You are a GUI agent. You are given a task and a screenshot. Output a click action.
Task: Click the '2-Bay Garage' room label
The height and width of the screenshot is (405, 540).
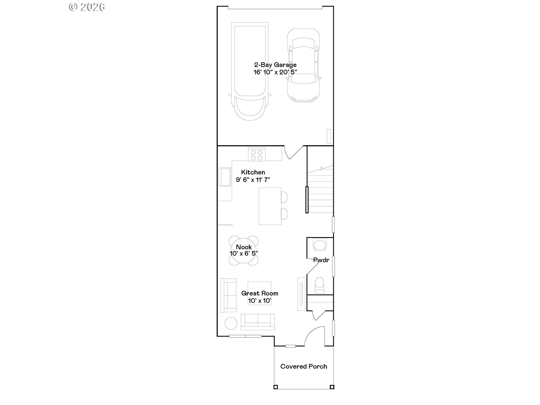click(x=275, y=65)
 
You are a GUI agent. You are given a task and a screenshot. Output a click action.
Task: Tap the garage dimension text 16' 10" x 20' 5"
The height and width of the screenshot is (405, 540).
click(x=275, y=72)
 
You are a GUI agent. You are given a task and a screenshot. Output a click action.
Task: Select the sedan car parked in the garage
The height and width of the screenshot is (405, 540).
click(x=303, y=65)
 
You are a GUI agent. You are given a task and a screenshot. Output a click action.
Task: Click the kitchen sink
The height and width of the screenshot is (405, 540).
click(x=225, y=177)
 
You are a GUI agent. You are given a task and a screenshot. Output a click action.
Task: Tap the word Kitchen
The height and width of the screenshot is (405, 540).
click(x=253, y=172)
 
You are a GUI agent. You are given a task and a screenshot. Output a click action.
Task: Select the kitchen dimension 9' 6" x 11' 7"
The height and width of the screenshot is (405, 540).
click(x=253, y=180)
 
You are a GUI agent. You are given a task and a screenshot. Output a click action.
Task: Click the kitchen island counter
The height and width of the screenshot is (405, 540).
click(x=270, y=206)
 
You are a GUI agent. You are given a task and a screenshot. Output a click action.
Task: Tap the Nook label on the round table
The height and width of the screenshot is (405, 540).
click(x=244, y=247)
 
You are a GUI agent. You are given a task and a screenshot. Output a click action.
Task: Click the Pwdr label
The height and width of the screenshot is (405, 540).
click(x=321, y=260)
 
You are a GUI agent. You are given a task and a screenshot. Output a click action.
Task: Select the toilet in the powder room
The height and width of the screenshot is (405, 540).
click(x=319, y=285)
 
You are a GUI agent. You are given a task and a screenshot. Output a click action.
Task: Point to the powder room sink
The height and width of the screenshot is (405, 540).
click(x=320, y=244)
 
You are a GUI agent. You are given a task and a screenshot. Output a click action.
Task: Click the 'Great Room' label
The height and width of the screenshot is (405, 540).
click(x=260, y=293)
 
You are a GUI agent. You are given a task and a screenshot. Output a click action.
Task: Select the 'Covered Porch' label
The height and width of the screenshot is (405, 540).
click(x=304, y=366)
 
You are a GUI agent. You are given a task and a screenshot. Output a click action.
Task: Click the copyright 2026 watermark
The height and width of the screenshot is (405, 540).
click(x=87, y=7)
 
